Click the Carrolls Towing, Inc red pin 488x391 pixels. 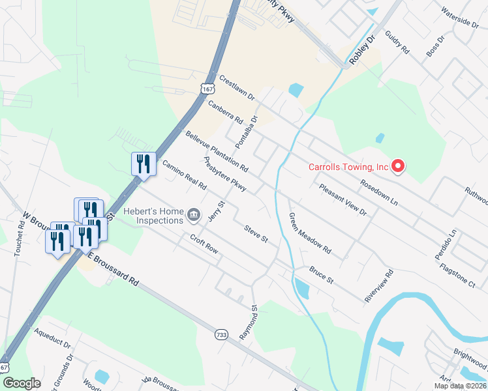point(398,167)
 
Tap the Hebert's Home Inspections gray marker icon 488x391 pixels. point(193,214)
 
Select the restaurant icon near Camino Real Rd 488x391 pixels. point(144,164)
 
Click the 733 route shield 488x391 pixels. point(221,334)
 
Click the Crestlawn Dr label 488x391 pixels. point(237,87)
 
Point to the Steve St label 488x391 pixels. point(256,233)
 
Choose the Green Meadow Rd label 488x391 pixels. point(310,233)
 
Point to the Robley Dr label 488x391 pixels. point(364,50)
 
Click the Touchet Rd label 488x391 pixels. point(19,236)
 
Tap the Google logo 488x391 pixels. point(22,383)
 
